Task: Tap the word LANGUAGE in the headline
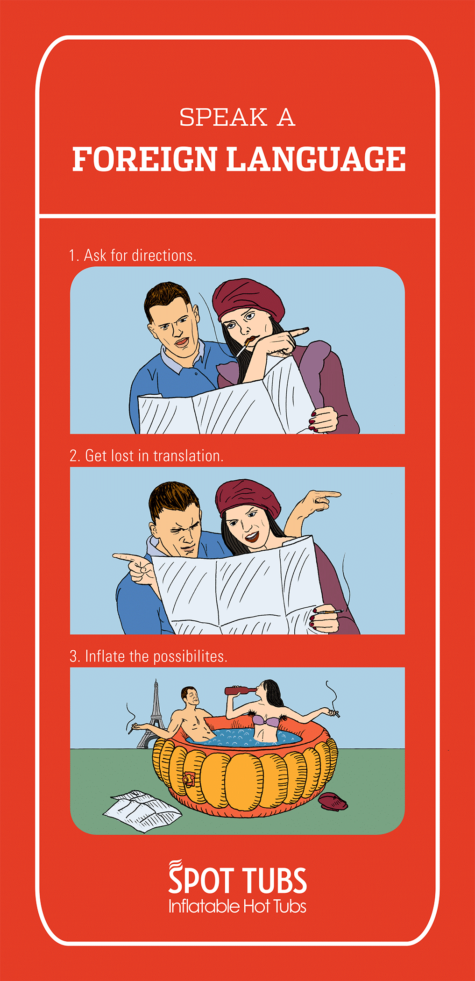316,159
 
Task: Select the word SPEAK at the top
223,117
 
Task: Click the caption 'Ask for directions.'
140,256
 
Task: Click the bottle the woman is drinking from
240,690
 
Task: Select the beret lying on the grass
333,802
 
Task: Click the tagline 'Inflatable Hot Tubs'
237,906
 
